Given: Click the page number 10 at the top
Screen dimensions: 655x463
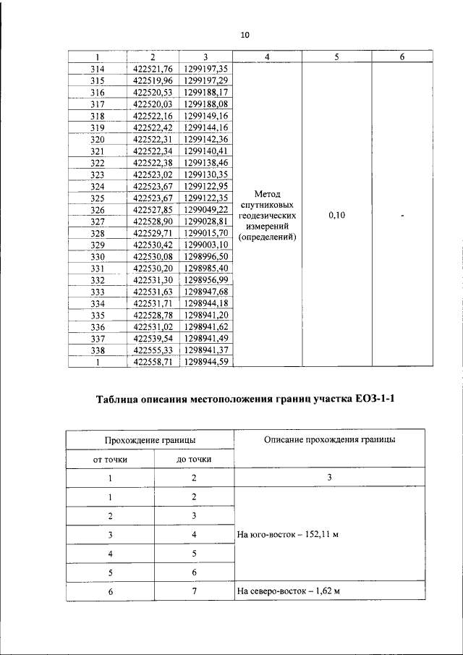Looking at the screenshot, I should (x=245, y=34).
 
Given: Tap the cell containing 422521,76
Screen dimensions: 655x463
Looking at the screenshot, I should (x=153, y=69).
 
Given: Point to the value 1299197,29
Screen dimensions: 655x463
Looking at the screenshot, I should (x=206, y=80).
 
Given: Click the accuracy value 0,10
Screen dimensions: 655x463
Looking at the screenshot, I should (x=336, y=216).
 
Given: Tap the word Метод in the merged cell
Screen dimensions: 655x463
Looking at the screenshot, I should (x=268, y=194).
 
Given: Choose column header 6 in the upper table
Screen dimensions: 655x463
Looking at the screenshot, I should (x=402, y=56).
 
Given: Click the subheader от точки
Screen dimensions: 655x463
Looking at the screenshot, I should (x=109, y=460).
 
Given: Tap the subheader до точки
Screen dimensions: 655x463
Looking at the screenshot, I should (x=194, y=460).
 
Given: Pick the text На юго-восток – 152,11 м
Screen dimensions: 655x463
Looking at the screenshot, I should (x=288, y=536).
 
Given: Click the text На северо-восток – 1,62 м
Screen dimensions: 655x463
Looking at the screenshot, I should (x=288, y=591).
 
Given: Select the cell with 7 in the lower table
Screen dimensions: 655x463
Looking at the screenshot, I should (x=194, y=591).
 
